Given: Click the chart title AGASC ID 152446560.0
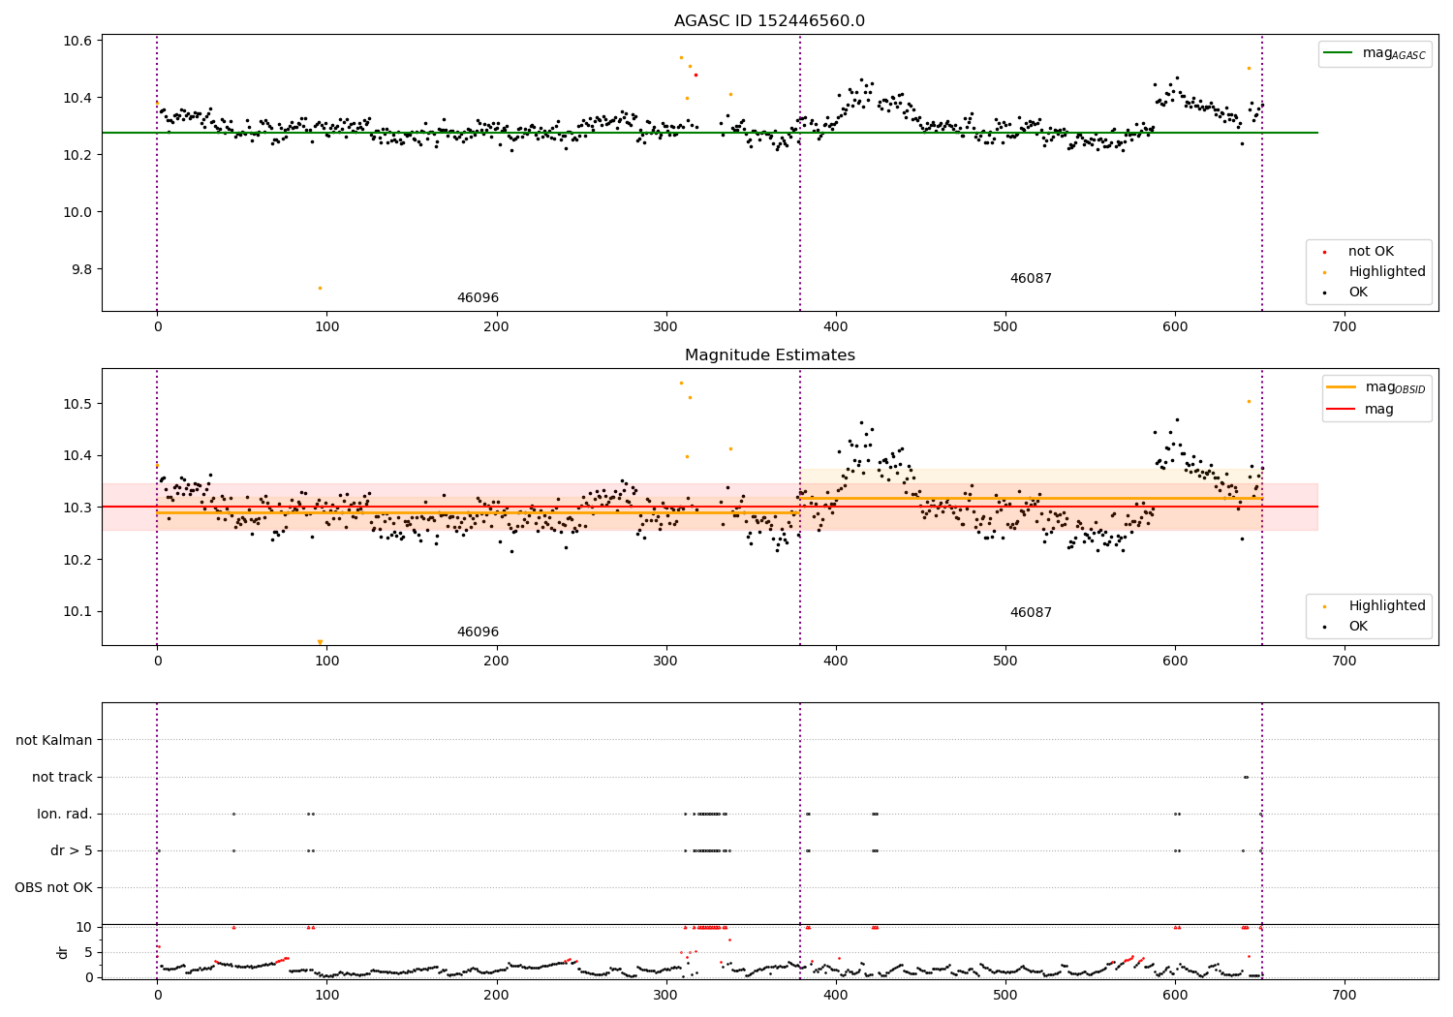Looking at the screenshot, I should point(769,21).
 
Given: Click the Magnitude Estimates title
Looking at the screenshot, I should point(769,355).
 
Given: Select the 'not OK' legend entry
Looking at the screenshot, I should point(1371,252).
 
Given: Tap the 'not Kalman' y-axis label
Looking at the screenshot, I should point(54,740).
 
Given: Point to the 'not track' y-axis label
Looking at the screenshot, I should point(62,777).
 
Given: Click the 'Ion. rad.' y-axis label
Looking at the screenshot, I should point(65,814).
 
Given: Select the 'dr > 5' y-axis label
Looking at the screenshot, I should point(72,850).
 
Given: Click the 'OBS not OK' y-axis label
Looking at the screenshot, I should point(53,887).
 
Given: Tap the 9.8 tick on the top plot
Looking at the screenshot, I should point(77,269).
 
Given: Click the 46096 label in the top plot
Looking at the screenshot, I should point(478,298).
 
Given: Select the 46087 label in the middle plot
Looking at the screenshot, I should point(1031,613).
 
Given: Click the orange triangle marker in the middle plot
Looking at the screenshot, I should point(320,642).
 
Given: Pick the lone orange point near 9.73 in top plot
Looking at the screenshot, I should point(320,288).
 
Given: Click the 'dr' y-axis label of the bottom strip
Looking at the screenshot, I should point(63,952).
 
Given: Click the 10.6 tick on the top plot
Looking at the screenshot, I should point(77,41).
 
